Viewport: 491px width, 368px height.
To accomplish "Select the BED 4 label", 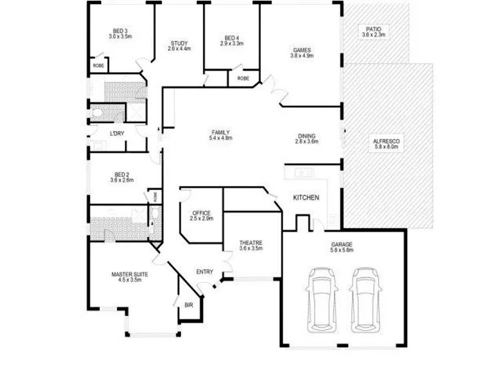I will [232, 40].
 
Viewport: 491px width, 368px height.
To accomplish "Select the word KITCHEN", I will [307, 198].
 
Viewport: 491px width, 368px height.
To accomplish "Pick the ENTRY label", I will [204, 272].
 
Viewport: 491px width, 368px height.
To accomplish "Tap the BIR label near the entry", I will [188, 305].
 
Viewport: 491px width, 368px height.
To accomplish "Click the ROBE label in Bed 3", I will [98, 65].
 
